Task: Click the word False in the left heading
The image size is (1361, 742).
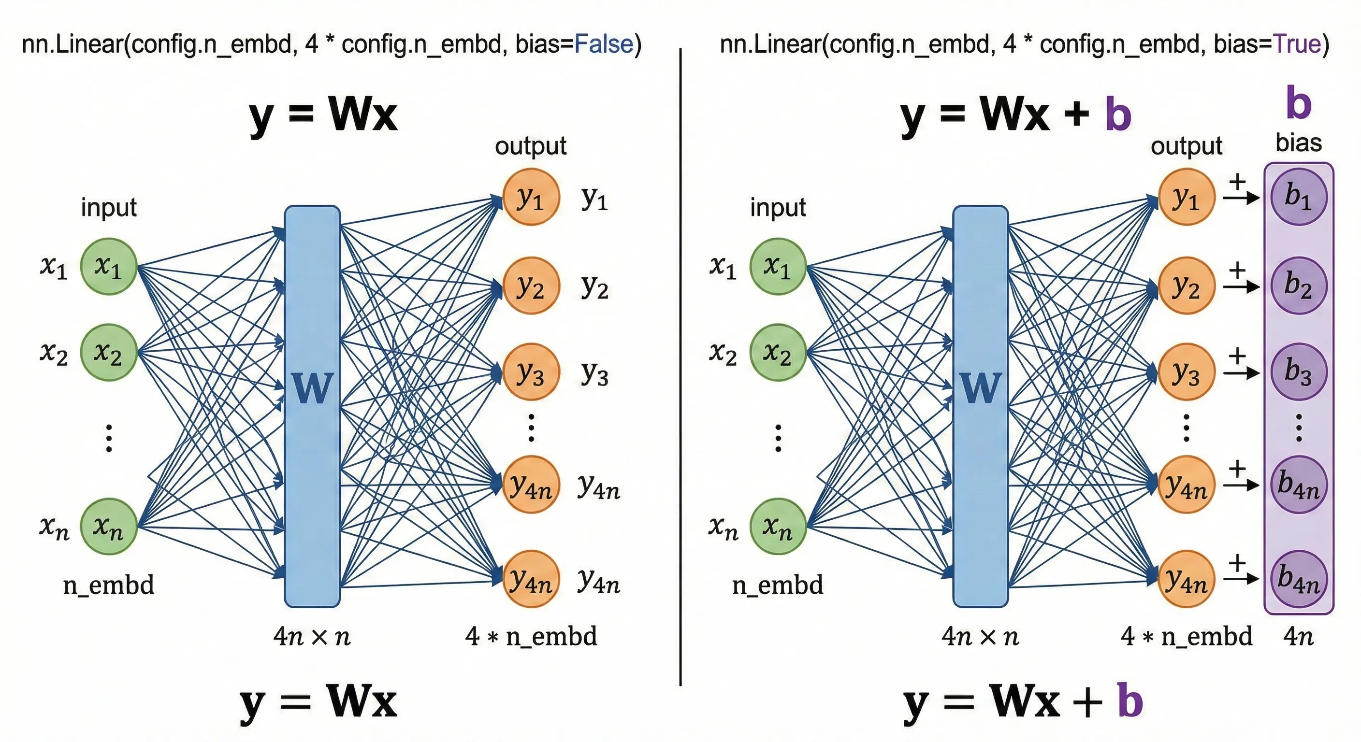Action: pos(603,44)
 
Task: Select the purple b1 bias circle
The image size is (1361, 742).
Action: pos(1298,197)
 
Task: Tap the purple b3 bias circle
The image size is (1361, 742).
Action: pos(1298,372)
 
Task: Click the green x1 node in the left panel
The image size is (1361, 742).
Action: pos(109,266)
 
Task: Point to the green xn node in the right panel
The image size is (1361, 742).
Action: pos(778,526)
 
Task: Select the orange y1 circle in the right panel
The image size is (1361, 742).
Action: pos(1187,197)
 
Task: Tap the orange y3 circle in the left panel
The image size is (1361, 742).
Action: pos(531,372)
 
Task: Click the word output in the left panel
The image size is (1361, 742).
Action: pos(531,146)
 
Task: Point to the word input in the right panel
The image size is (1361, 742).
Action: pos(778,207)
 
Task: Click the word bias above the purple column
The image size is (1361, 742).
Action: pos(1298,143)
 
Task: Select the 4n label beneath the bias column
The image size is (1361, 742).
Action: pos(1298,636)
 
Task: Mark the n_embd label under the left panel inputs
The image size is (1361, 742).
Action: pos(109,585)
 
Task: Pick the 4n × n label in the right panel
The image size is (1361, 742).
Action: pos(980,636)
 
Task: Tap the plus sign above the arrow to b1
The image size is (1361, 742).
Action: pos(1237,182)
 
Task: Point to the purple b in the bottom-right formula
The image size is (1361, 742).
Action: pos(1130,701)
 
